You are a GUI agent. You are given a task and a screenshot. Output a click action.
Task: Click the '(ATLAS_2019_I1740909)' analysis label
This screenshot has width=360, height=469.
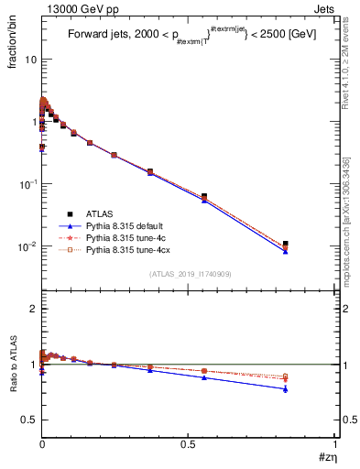(x=189, y=274)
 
